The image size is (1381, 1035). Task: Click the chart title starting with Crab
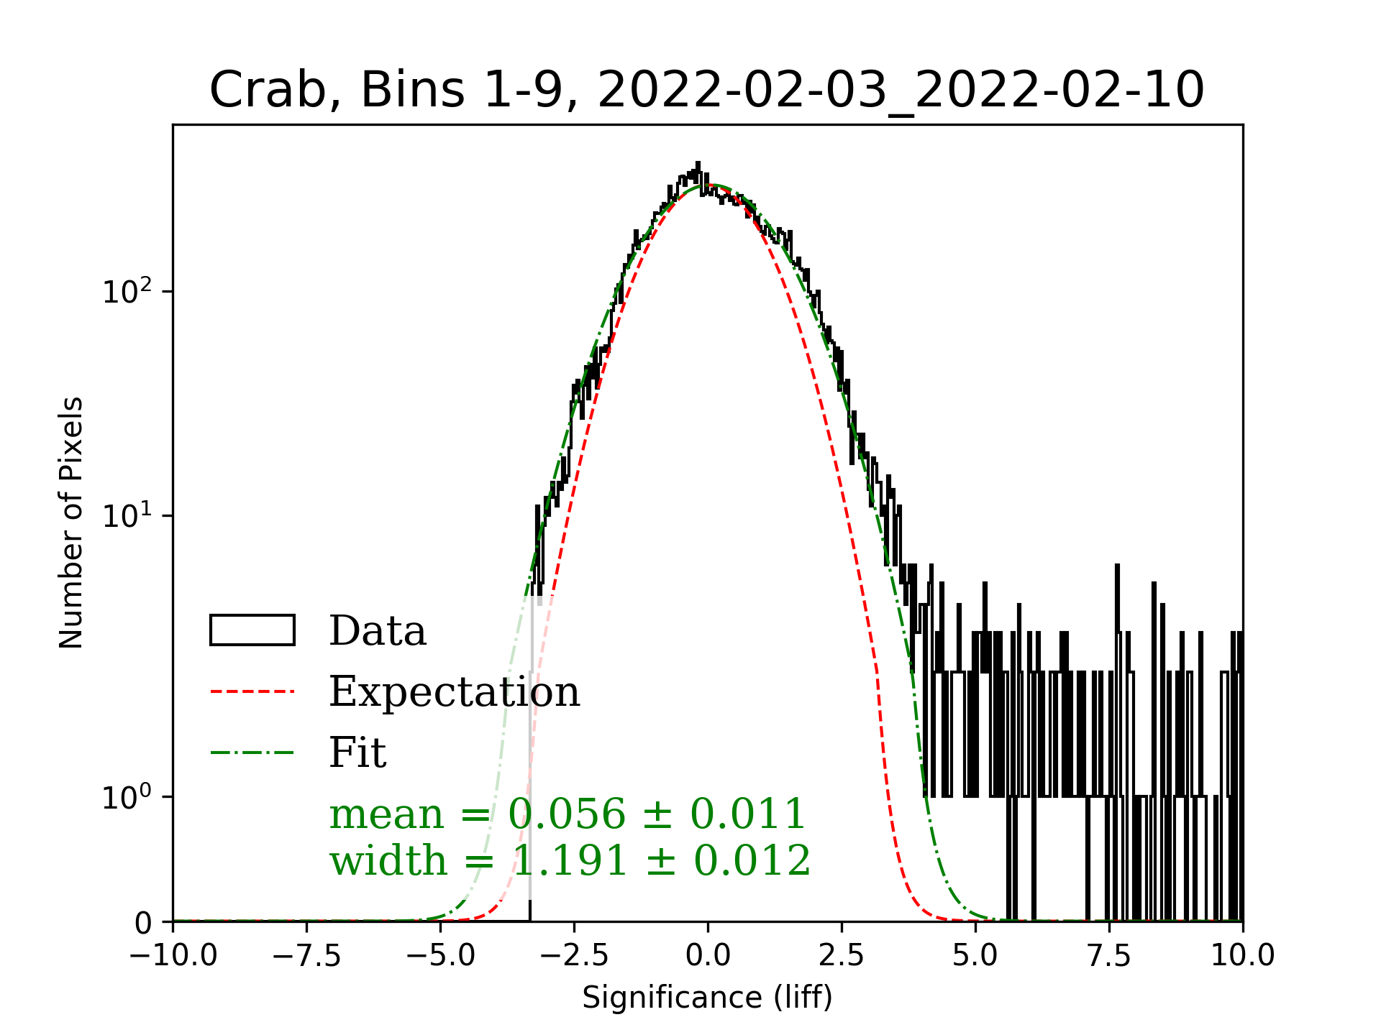coord(706,91)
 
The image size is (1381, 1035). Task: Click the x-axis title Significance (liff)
coord(707,998)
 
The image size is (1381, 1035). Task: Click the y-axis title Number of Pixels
coord(71,523)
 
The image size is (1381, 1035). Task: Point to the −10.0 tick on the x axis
coord(173,956)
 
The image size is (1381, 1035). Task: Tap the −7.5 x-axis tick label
coord(307,956)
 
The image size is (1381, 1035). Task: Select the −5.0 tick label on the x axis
coord(440,956)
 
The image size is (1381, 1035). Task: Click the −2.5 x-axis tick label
coord(574,956)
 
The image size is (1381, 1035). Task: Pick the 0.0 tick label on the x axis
coord(708,956)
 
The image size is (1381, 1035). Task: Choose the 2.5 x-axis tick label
coord(842,956)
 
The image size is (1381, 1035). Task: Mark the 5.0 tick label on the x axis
coord(975,956)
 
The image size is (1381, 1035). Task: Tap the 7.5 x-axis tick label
coord(1109,956)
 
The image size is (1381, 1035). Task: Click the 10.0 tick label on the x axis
coord(1243,956)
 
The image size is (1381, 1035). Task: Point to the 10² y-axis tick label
coord(127,292)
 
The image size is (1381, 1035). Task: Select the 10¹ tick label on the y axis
coord(127,517)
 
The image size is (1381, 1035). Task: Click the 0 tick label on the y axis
coord(143,924)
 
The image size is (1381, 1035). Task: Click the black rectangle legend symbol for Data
coord(252,630)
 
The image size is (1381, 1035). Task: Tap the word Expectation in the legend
coord(455,692)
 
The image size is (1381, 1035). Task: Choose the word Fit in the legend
coord(357,753)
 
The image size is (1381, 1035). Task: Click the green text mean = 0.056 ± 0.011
coord(567,814)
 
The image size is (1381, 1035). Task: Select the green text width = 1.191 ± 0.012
coord(570,860)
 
